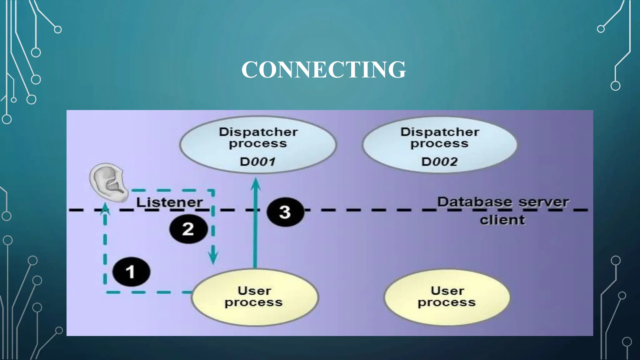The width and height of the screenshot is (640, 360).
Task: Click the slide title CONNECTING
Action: [323, 69]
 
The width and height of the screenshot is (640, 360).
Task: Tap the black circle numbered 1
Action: [131, 272]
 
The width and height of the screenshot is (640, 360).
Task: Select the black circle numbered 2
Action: [188, 229]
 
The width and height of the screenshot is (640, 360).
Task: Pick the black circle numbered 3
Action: [285, 212]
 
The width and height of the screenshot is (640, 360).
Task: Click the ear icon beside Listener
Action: [108, 183]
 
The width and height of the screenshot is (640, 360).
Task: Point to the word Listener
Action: [169, 202]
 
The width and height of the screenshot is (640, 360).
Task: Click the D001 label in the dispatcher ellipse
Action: [257, 162]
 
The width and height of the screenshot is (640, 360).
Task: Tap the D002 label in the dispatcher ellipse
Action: [439, 162]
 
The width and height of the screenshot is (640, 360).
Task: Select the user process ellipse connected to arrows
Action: [255, 297]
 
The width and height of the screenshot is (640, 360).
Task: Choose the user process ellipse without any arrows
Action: [447, 297]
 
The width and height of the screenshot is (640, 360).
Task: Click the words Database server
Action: [502, 202]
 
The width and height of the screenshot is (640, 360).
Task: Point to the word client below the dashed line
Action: [502, 220]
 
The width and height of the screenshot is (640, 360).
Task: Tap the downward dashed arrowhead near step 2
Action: [213, 258]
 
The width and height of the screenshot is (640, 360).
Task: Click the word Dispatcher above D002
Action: [440, 132]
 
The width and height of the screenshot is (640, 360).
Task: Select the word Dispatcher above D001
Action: [258, 132]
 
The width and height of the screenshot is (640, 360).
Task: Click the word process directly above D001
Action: [258, 144]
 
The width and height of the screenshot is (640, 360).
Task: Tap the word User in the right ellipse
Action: [447, 291]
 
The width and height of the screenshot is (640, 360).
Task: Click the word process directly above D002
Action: [439, 144]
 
